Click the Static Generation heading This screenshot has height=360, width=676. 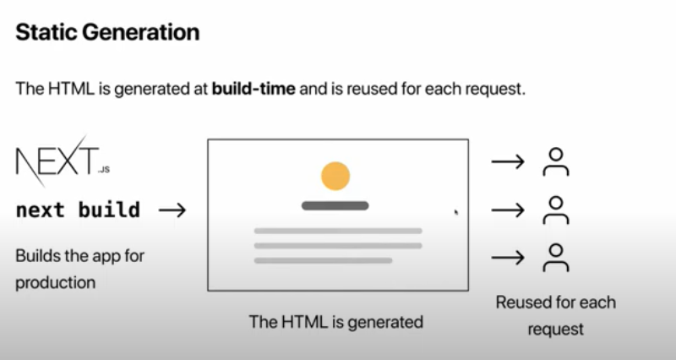(107, 32)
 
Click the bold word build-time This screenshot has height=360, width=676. (253, 89)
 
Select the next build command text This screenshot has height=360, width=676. (78, 210)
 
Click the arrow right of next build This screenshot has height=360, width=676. (172, 210)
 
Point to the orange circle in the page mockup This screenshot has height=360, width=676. (335, 175)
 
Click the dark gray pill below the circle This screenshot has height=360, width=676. (335, 205)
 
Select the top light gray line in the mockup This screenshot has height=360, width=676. (338, 231)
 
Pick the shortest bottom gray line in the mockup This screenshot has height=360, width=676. (323, 260)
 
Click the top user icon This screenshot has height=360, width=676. (555, 161)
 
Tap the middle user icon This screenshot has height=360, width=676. (555, 210)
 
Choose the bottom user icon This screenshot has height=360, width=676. (555, 257)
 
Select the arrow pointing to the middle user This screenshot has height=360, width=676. (508, 210)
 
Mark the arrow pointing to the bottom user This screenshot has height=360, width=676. (508, 257)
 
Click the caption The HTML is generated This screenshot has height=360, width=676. (335, 322)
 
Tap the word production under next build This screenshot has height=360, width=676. (56, 281)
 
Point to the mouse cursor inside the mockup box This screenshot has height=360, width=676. (456, 213)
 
